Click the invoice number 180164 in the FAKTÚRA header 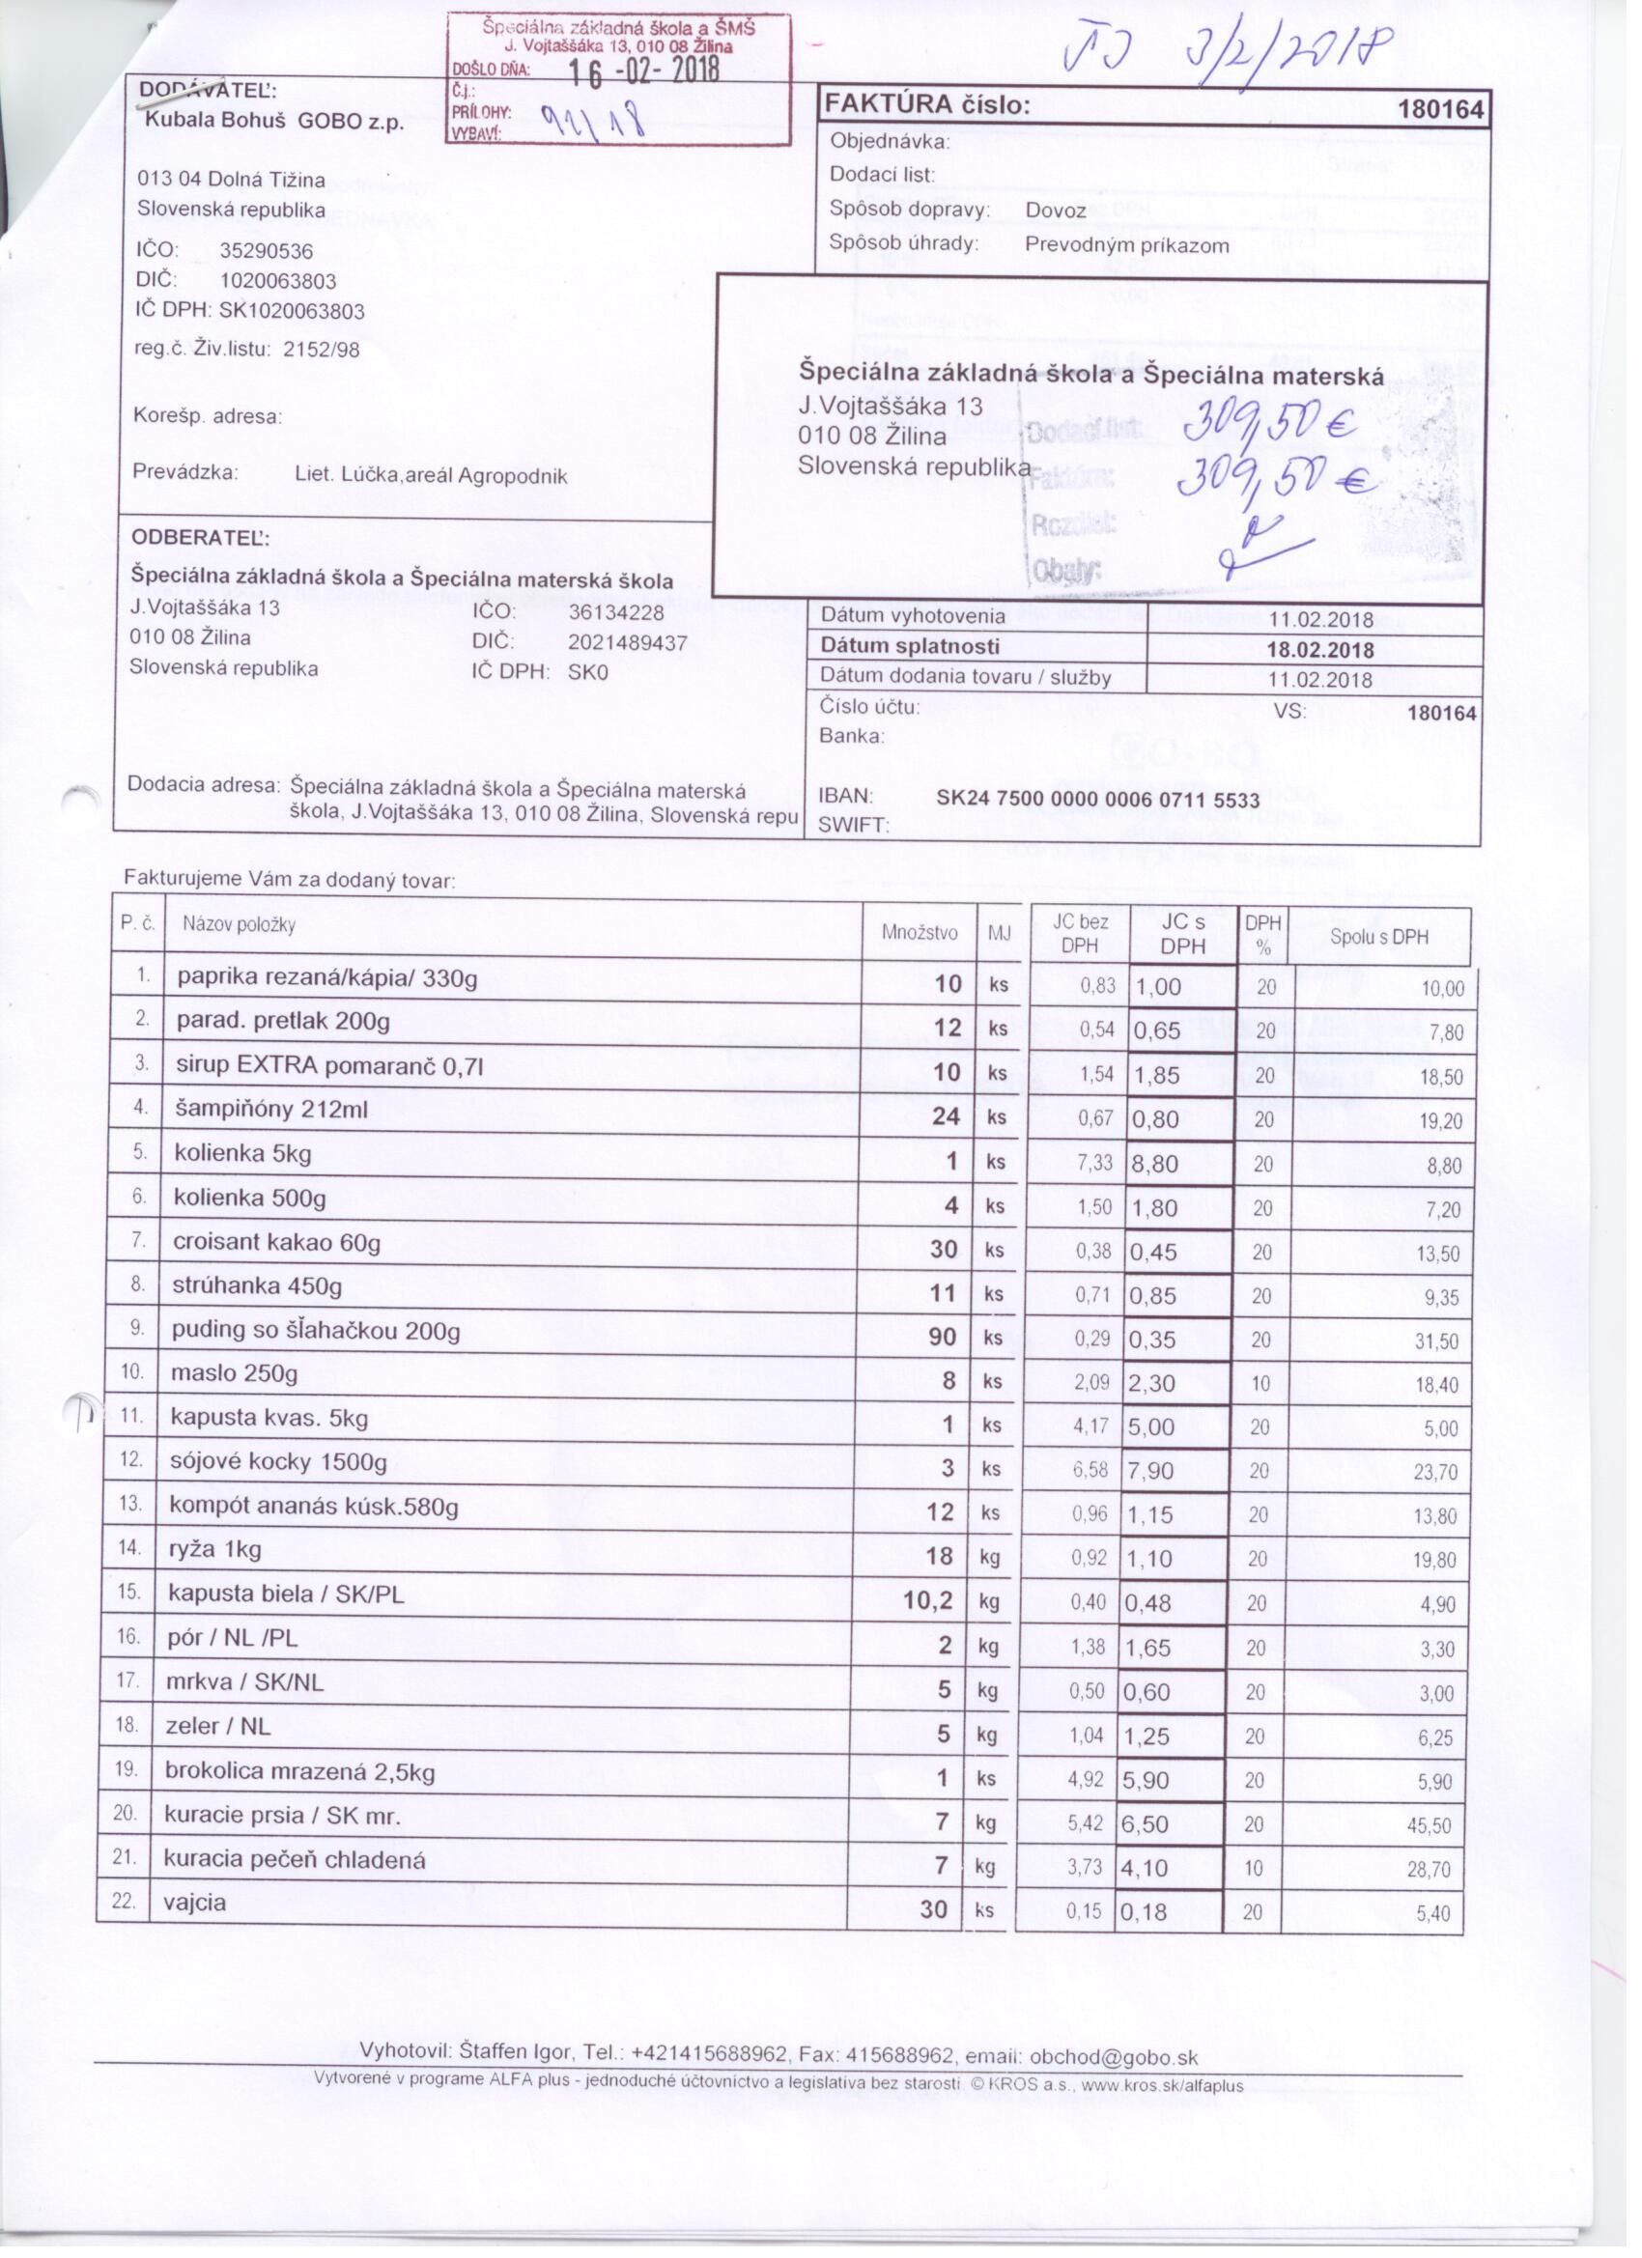coord(1440,108)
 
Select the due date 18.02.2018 coord(1319,650)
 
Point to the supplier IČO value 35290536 coord(266,251)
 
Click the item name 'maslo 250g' coord(235,1374)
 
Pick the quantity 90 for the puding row coord(942,1337)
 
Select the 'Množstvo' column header coord(920,933)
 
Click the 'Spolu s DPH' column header coord(1378,937)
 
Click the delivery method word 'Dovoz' coord(1056,212)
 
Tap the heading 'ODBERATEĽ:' coord(201,538)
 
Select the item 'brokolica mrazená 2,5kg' coord(299,1771)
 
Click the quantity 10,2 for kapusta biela coord(928,1601)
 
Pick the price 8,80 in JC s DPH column coord(1154,1164)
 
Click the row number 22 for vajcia coord(124,1902)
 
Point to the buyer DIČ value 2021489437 coord(627,643)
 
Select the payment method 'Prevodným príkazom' coord(1126,246)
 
